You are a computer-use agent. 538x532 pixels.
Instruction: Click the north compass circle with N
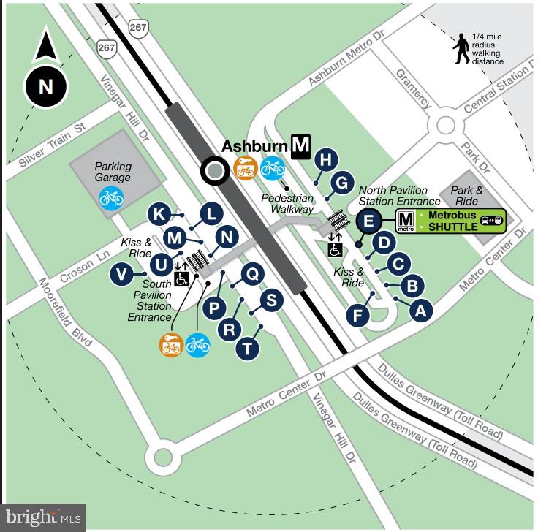[x=45, y=87]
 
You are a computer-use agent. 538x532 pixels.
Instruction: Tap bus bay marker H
[x=326, y=159]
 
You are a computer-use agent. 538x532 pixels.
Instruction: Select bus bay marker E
[x=369, y=219]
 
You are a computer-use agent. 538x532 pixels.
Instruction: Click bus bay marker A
[x=419, y=310]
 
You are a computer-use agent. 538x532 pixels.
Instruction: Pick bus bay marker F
[x=358, y=316]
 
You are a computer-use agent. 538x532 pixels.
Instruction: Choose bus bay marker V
[x=122, y=275]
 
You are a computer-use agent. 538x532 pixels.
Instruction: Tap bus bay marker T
[x=249, y=349]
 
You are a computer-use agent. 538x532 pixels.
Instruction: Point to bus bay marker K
[x=159, y=215]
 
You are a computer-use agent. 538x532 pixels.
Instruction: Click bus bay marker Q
[x=251, y=274]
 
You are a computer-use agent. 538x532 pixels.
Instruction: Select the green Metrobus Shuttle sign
[x=450, y=220]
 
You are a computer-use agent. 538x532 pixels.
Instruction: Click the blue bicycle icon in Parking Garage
[x=111, y=197]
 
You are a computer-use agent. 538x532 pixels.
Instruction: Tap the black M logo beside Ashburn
[x=300, y=146]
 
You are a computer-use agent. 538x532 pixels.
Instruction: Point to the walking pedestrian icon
[x=461, y=49]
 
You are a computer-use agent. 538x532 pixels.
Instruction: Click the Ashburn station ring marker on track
[x=214, y=171]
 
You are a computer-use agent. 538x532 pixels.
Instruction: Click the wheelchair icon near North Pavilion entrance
[x=335, y=249]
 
